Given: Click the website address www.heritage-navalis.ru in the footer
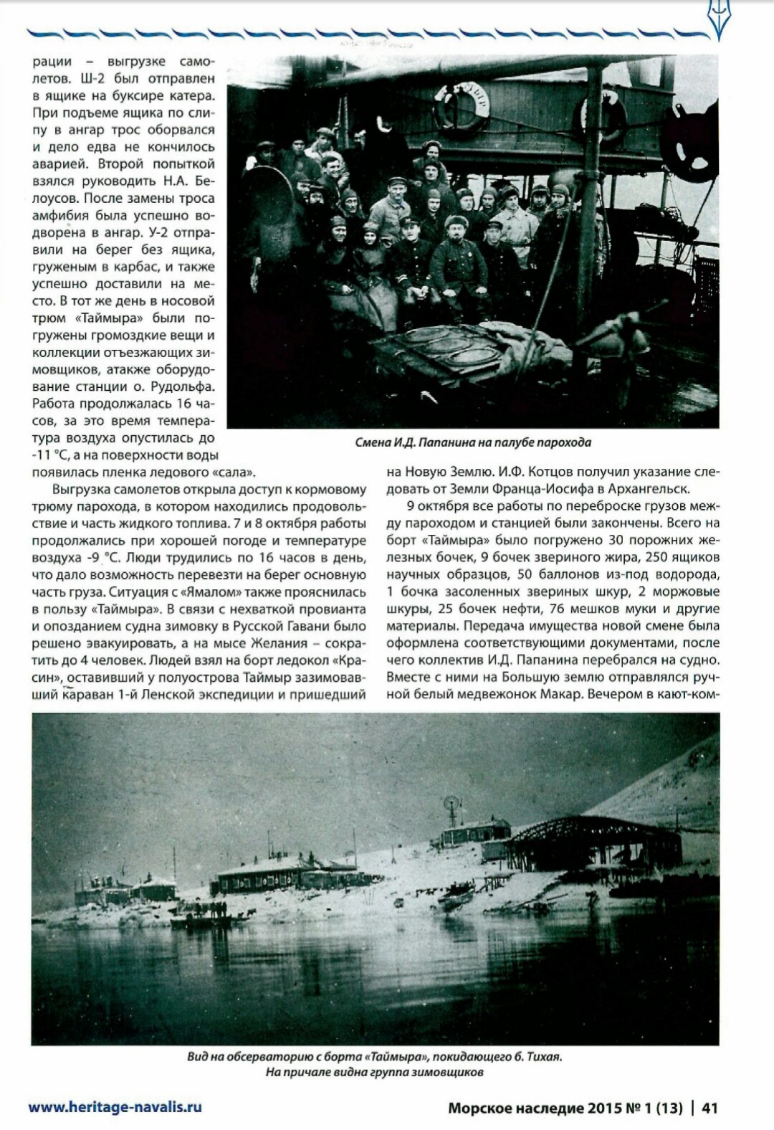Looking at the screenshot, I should click(115, 1106).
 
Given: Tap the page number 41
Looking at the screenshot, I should click(709, 1108).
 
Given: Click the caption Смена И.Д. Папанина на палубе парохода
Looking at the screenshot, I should click(473, 442).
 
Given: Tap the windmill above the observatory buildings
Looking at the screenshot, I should click(451, 803).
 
